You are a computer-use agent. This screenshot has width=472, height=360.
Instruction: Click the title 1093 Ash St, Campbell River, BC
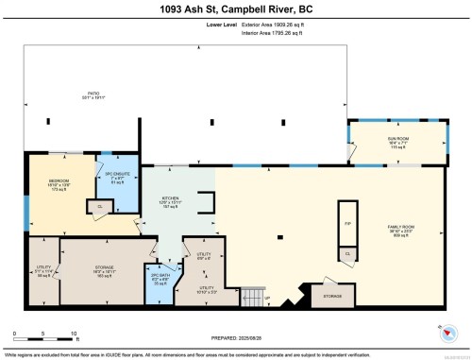[x=236, y=9]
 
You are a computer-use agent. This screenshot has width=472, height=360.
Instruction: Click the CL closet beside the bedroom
[x=100, y=207]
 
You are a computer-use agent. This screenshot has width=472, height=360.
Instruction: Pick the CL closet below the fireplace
[x=347, y=254]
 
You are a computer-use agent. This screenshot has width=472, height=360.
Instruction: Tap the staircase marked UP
[x=252, y=299]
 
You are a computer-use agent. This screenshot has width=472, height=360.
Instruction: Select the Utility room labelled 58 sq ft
[x=41, y=272]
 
